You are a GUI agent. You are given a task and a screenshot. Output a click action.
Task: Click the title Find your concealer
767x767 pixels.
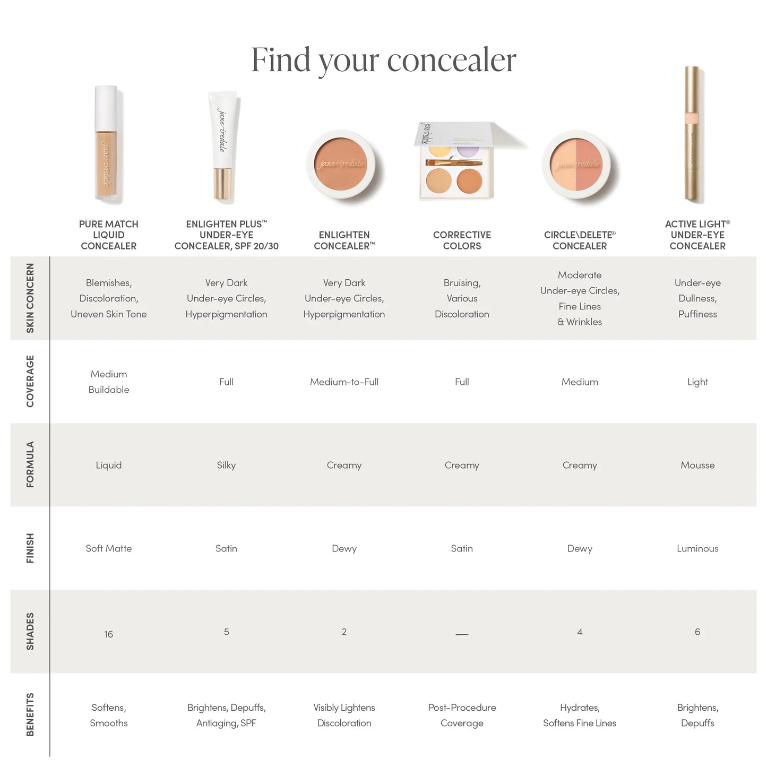pyautogui.click(x=383, y=59)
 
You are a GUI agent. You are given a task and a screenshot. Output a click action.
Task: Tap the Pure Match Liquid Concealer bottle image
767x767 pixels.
pyautogui.click(x=108, y=144)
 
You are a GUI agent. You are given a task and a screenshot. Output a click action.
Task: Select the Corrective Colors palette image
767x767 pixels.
pyautogui.click(x=456, y=162)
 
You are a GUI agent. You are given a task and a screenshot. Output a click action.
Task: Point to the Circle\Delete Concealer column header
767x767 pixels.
pyautogui.click(x=580, y=240)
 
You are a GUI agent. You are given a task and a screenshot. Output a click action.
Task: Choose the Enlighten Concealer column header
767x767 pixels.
pyautogui.click(x=344, y=240)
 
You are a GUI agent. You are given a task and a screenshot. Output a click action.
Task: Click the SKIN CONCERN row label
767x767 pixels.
pyautogui.click(x=30, y=298)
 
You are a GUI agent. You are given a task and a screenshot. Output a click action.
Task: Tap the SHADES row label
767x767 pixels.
pyautogui.click(x=30, y=631)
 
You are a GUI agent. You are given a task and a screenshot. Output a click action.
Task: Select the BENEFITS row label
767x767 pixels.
pyautogui.click(x=30, y=714)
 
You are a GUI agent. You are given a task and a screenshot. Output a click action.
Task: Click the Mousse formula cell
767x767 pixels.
pyautogui.click(x=697, y=465)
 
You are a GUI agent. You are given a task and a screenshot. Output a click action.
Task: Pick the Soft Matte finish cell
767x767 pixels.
pyautogui.click(x=109, y=548)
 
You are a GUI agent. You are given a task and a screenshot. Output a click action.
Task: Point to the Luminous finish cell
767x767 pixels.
pyautogui.click(x=697, y=548)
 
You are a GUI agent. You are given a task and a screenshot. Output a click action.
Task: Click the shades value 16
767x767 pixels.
pyautogui.click(x=109, y=634)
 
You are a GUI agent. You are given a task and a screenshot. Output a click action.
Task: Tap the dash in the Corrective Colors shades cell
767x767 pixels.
pyautogui.click(x=462, y=634)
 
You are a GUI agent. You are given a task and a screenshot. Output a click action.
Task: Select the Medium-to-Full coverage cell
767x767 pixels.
pyautogui.click(x=344, y=382)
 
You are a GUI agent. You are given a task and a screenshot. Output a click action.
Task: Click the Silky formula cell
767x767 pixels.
pyautogui.click(x=226, y=465)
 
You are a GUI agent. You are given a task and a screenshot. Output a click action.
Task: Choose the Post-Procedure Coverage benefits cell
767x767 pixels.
pyautogui.click(x=462, y=715)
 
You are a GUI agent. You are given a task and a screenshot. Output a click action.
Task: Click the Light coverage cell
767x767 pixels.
pyautogui.click(x=697, y=382)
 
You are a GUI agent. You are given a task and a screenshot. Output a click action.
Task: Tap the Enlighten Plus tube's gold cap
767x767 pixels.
pyautogui.click(x=222, y=184)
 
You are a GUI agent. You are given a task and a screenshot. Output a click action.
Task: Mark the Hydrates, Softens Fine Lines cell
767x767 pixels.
pyautogui.click(x=580, y=715)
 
